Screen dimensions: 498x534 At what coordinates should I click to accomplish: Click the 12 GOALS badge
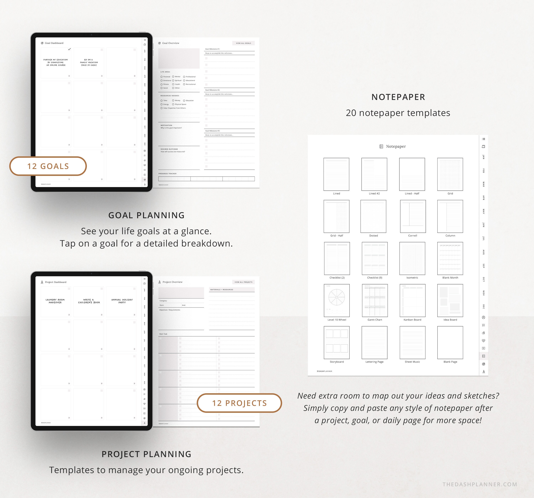48,166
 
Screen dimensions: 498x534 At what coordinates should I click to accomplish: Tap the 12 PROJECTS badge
239,403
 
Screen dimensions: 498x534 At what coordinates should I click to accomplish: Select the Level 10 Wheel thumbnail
337,300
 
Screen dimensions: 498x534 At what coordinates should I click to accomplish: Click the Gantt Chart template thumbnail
375,300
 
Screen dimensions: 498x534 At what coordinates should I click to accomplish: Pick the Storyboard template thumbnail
337,343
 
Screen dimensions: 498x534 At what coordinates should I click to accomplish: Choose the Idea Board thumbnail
450,300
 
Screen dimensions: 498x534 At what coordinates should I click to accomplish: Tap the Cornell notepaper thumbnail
413,216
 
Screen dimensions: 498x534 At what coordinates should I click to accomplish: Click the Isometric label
412,278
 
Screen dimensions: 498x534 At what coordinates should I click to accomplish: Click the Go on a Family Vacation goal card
89,63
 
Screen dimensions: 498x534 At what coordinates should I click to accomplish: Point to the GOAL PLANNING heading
146,215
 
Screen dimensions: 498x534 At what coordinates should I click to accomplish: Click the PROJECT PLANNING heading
146,454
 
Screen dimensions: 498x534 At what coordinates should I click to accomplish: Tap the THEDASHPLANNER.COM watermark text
480,484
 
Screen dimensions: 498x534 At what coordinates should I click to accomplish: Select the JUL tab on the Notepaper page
483,238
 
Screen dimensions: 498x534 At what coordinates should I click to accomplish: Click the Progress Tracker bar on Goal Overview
206,179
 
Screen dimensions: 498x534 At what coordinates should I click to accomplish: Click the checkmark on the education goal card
69,49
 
